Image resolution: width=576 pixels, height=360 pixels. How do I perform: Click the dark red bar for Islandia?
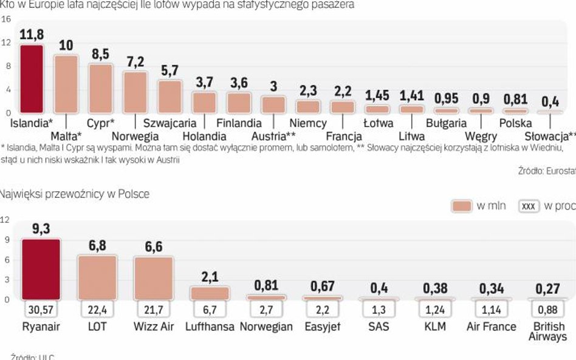point(32,79)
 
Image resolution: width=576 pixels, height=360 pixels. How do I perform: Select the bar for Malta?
point(66,84)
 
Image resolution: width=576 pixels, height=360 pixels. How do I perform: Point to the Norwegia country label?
point(135,136)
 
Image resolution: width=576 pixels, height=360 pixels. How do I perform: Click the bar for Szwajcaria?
point(170,97)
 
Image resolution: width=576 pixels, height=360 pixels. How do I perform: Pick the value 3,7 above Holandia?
point(204,82)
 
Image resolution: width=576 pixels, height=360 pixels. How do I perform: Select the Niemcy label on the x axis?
point(308,123)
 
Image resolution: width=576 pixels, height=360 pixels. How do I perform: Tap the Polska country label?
point(515,123)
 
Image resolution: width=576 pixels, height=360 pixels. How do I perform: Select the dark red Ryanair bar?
point(41,269)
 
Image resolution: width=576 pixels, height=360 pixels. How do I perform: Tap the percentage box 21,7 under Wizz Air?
point(153,310)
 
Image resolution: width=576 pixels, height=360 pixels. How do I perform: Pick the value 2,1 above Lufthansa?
point(210,277)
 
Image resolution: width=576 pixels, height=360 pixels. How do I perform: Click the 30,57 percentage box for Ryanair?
point(41,310)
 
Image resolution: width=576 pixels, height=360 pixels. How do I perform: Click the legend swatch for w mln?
point(462,206)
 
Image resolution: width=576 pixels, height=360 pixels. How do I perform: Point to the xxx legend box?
point(529,206)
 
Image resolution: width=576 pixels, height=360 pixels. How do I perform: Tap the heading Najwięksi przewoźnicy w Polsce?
point(75,194)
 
